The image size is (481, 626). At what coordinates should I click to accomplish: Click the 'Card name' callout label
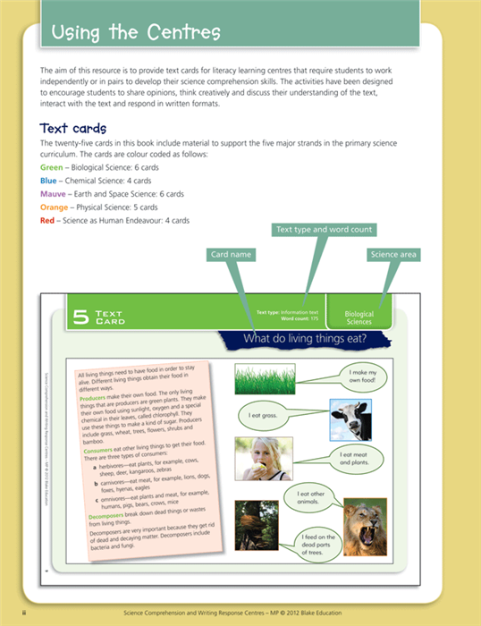coord(231,255)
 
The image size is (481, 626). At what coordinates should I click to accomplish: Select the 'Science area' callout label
coord(393,255)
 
